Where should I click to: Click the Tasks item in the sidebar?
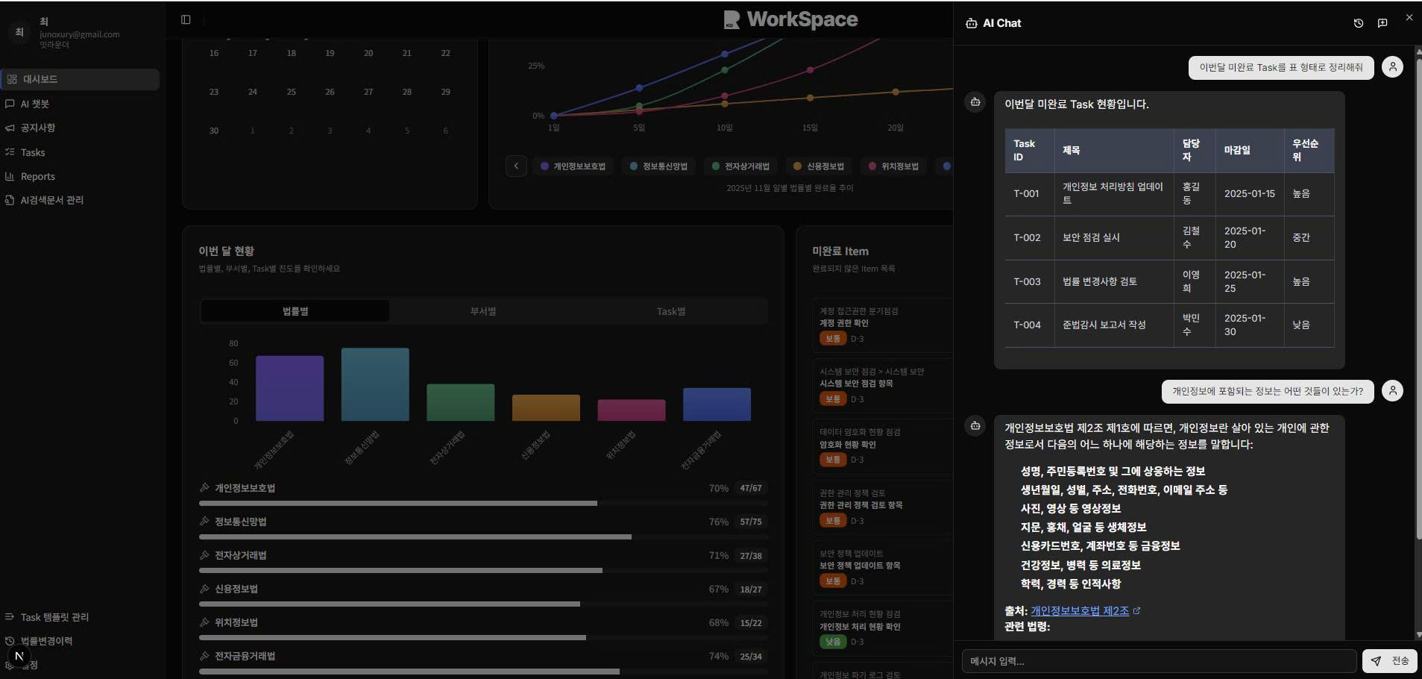click(x=33, y=152)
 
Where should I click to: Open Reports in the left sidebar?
click(x=37, y=177)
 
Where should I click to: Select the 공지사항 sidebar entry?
click(x=37, y=128)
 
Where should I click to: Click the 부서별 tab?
click(x=483, y=311)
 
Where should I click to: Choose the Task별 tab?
click(x=671, y=311)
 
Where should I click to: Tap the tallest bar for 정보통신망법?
click(x=375, y=384)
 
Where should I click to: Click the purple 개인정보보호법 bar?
click(x=289, y=388)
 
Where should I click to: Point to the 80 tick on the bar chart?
click(x=233, y=343)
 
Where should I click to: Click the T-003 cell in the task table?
click(x=1027, y=281)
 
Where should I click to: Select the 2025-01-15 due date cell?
click(x=1249, y=193)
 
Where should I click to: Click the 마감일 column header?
click(x=1237, y=150)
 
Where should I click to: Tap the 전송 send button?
click(x=1391, y=661)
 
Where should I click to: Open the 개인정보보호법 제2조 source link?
click(x=1080, y=611)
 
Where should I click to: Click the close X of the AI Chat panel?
click(x=1409, y=17)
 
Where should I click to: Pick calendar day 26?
click(x=330, y=92)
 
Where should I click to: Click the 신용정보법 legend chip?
click(x=819, y=166)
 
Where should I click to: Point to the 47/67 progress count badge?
click(x=750, y=488)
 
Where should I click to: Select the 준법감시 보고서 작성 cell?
click(x=1104, y=325)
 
